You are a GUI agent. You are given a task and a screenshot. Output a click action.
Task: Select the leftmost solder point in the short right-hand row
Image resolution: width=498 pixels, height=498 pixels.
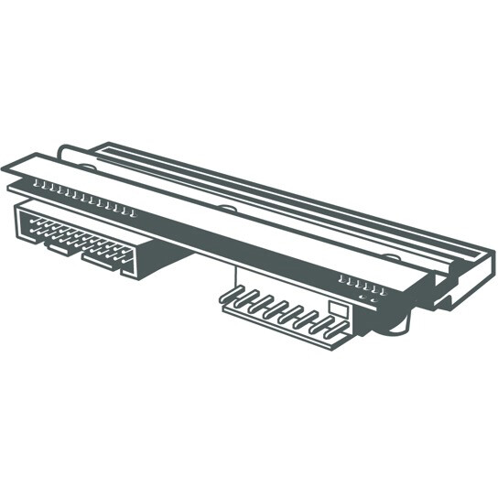click(x=341, y=277)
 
